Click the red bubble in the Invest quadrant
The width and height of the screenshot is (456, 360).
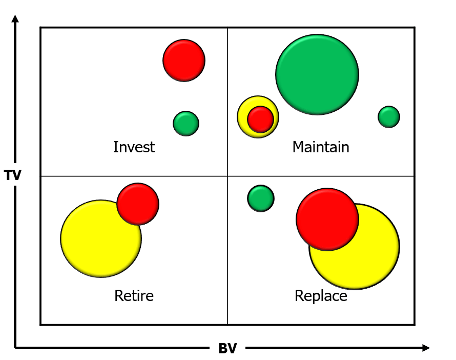pyautogui.click(x=184, y=61)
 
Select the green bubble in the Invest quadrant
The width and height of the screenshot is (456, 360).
pyautogui.click(x=186, y=124)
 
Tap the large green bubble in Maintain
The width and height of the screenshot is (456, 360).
pyautogui.click(x=317, y=75)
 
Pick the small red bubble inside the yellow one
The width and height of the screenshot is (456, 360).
pyautogui.click(x=261, y=119)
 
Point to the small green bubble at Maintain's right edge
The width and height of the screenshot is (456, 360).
pyautogui.click(x=389, y=117)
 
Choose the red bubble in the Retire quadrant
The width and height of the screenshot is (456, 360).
pyautogui.click(x=138, y=204)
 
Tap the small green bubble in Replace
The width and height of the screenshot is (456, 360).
pyautogui.click(x=261, y=198)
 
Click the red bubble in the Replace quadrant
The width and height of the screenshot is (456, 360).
pyautogui.click(x=327, y=219)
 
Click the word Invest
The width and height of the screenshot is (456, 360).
pyautogui.click(x=134, y=147)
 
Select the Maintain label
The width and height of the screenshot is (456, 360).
pyautogui.click(x=320, y=147)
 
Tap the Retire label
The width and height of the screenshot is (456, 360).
pyautogui.click(x=134, y=296)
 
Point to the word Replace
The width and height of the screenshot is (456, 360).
pyautogui.click(x=321, y=296)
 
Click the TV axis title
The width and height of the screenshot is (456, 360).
pyautogui.click(x=12, y=175)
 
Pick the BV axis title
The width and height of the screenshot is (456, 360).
pyautogui.click(x=227, y=348)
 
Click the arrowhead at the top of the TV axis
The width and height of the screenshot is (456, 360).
pyautogui.click(x=15, y=18)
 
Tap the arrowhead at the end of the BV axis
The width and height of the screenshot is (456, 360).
pyautogui.click(x=426, y=348)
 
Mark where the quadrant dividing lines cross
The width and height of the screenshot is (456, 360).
pyautogui.click(x=227, y=176)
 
